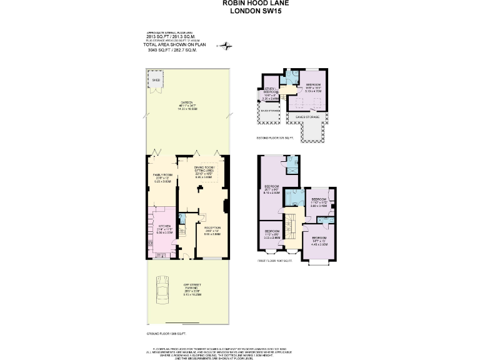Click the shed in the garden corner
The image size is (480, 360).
pos(155,84)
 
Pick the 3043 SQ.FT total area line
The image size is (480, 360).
pos(172,50)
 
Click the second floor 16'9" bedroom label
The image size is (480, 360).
pos(313,87)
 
